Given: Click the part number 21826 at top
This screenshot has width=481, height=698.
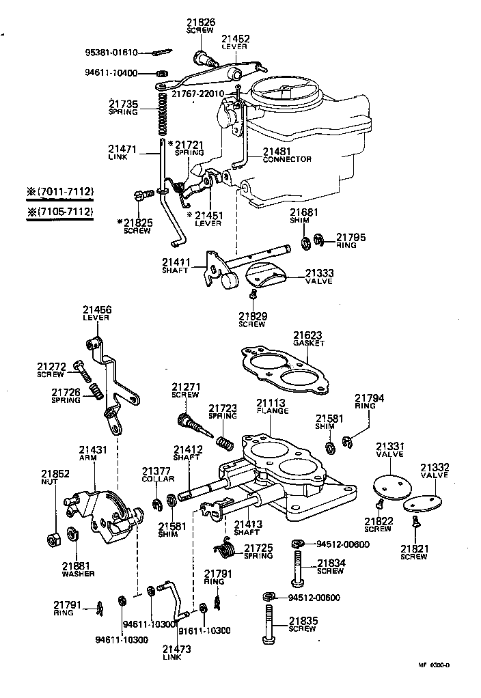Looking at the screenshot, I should [202, 23].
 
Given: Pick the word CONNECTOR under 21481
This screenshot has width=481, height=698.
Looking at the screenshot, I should [287, 159].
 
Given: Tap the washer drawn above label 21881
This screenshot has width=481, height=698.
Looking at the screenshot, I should [72, 534].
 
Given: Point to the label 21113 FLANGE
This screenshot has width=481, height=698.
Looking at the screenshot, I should [273, 406].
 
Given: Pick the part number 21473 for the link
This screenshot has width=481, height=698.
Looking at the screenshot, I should [176, 648].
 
